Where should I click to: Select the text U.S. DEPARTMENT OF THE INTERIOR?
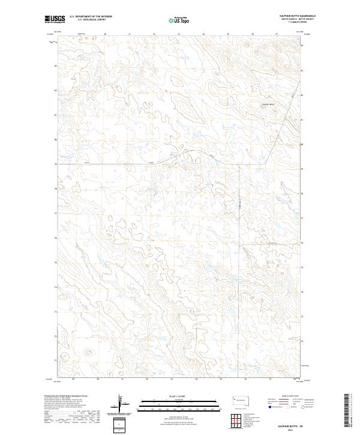coord(91,17)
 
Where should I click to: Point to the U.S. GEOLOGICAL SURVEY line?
coord(88,20)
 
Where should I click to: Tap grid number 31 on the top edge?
coord(130,34)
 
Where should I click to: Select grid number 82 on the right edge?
coord(302,95)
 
